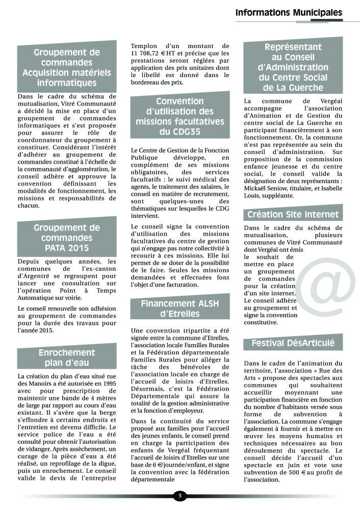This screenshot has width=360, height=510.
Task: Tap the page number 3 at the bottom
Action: point(179,496)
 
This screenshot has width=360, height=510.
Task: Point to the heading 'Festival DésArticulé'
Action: point(293,343)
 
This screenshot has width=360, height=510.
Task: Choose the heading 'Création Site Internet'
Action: point(293,214)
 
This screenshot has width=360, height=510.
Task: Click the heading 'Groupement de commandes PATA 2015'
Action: point(66,238)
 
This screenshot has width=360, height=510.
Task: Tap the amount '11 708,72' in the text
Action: point(150,53)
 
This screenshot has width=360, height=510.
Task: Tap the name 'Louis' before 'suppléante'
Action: point(254,195)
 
